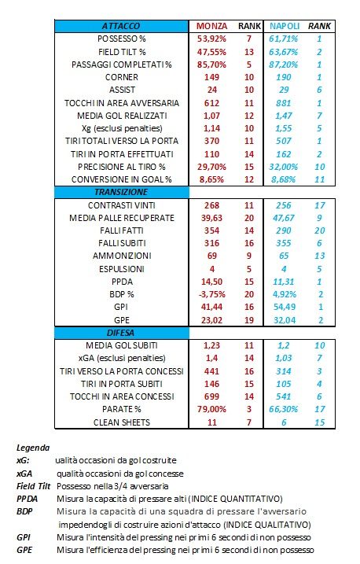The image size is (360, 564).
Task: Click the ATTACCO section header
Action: point(121,26)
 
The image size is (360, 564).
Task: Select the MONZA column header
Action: point(211,26)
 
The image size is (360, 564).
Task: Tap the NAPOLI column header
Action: point(285,26)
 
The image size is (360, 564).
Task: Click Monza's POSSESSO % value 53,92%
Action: point(211,39)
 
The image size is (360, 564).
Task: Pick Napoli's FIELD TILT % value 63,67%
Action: point(284,52)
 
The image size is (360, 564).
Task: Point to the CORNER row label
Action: point(121,77)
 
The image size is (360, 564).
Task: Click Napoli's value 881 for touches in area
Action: point(284,103)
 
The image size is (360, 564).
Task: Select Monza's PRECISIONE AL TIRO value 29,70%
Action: point(211,167)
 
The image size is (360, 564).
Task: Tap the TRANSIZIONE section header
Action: point(121,192)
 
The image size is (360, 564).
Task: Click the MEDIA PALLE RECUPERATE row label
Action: point(122,218)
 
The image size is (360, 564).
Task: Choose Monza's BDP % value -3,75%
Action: point(211,294)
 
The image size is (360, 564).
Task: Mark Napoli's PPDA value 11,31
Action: point(284,282)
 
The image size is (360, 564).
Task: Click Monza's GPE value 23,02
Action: point(211,320)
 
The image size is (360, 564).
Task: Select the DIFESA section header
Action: point(121,333)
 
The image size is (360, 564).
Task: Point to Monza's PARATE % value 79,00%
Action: point(211,409)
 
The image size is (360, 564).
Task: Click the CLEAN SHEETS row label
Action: point(122,422)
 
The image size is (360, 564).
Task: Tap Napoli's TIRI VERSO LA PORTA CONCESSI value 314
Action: point(284,371)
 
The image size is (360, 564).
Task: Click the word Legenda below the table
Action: point(33,448)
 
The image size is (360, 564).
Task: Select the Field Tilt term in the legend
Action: point(34,486)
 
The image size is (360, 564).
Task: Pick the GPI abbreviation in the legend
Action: point(24,537)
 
